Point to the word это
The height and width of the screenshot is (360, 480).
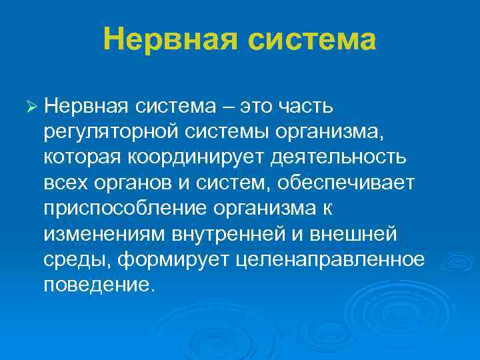point(253,107)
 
